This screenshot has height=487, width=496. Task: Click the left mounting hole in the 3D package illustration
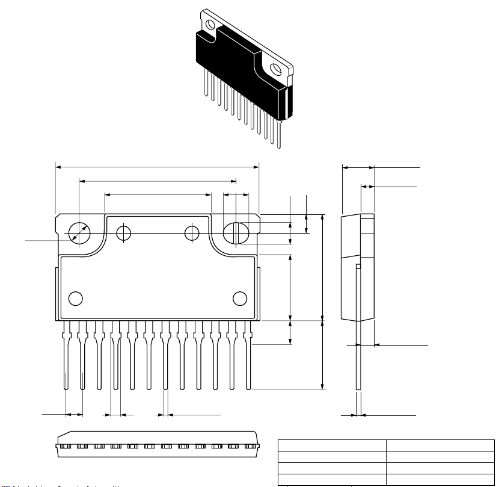tap(210, 25)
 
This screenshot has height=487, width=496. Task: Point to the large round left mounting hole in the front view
tap(79, 232)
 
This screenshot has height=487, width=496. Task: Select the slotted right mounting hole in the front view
tap(235, 232)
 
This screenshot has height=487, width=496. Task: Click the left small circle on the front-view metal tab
tap(123, 233)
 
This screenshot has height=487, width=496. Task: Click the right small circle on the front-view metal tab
tap(192, 233)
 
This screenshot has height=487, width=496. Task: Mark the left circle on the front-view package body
tap(76, 299)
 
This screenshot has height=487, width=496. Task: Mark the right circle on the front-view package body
tap(240, 299)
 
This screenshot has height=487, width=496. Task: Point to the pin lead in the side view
tap(358, 361)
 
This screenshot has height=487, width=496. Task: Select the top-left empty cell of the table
tap(331, 445)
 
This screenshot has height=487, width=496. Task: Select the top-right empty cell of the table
tap(436, 445)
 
